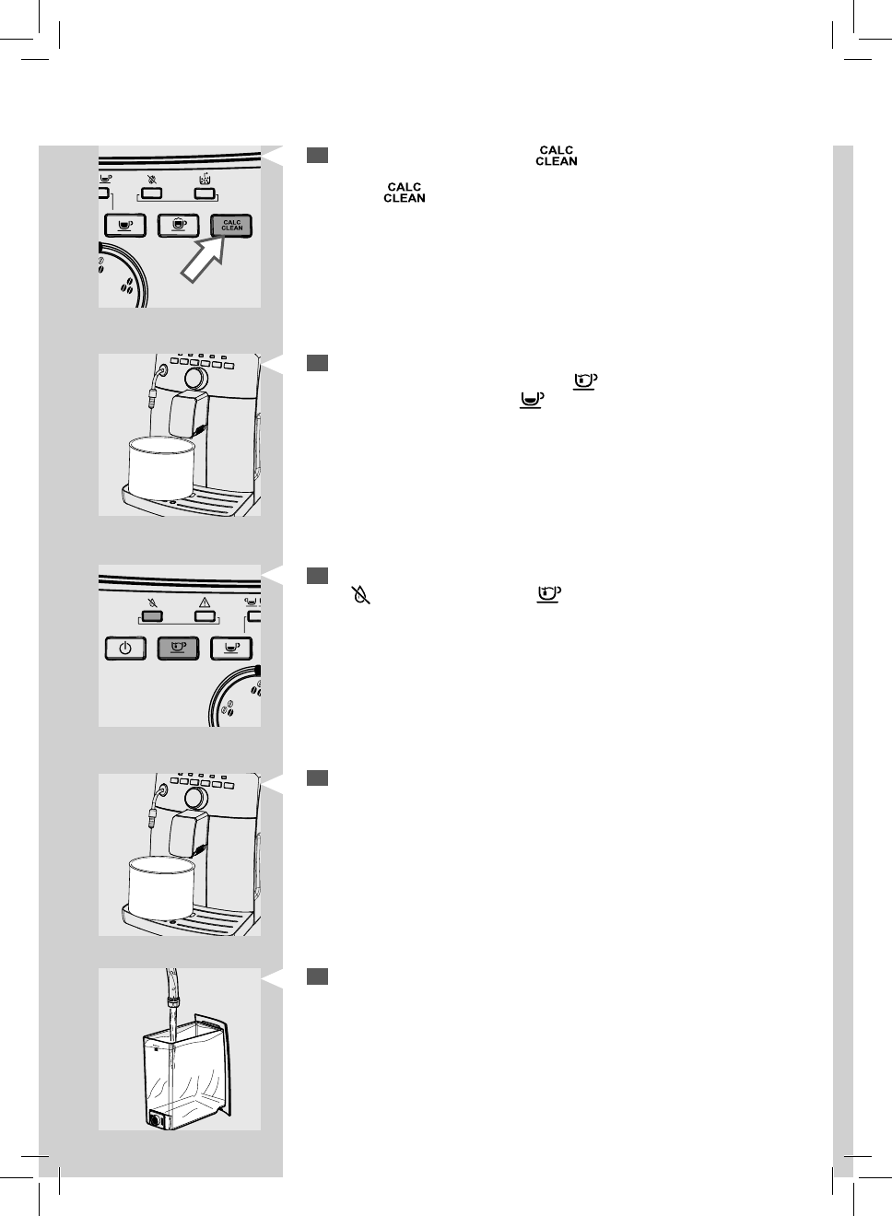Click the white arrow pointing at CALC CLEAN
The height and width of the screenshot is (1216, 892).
click(204, 258)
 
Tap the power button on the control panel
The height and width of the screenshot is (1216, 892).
click(125, 648)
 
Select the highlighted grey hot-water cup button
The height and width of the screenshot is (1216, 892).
click(179, 648)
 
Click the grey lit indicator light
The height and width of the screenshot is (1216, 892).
click(154, 616)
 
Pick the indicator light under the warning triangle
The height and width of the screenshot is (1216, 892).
click(205, 616)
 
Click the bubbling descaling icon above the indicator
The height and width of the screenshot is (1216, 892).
click(205, 179)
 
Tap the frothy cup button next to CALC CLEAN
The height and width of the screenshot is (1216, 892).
click(179, 224)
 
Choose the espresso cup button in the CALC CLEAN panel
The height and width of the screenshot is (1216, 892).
click(125, 224)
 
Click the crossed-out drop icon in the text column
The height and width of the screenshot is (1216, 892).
click(361, 595)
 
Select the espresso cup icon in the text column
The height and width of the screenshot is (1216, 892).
click(531, 399)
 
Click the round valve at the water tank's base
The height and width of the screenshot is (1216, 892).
click(156, 1120)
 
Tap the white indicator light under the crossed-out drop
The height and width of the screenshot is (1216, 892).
click(152, 194)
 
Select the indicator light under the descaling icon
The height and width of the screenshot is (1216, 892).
click(205, 194)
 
